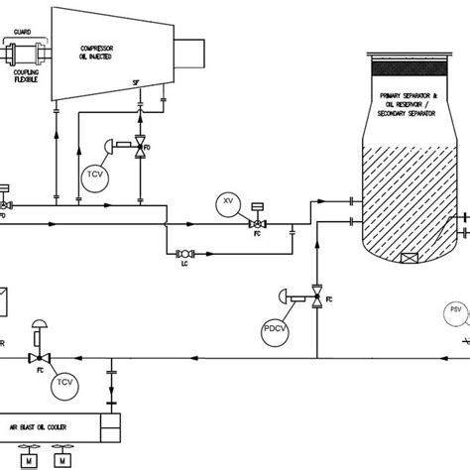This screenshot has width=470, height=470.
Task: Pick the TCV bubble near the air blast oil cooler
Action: click(65, 381)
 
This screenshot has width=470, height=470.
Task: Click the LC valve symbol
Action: click(184, 253)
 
